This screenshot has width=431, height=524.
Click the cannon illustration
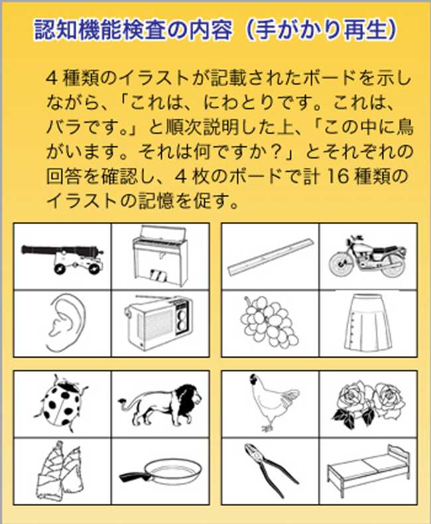(62, 257)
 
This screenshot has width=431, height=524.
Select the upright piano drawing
(160, 256)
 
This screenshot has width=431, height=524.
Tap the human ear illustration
(66, 322)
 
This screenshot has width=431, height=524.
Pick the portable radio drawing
(158, 322)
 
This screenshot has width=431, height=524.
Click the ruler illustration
(270, 256)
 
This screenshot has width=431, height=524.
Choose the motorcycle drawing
(368, 256)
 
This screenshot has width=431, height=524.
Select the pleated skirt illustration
(368, 322)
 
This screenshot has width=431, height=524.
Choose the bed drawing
(368, 470)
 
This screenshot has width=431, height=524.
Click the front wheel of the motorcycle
(341, 264)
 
